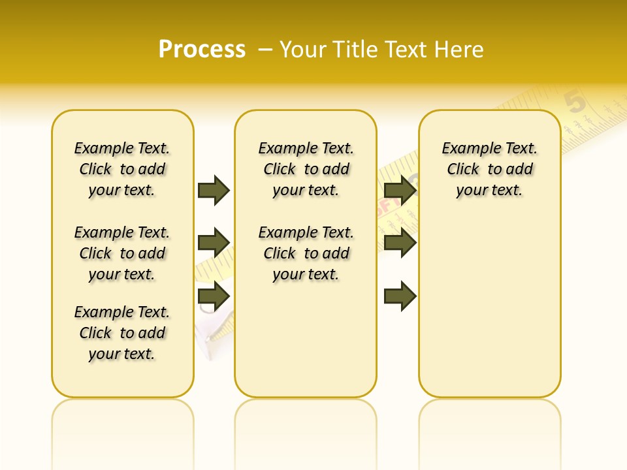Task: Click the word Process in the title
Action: pos(202,50)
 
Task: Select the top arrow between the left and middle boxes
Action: pos(214,190)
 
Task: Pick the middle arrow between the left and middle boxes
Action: pos(214,243)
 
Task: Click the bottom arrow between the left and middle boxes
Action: pos(214,296)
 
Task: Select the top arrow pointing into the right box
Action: pos(400,190)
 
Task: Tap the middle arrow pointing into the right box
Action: pos(400,243)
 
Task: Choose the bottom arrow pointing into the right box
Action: pos(400,296)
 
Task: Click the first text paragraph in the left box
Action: pos(122,169)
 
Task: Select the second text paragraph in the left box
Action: pos(122,253)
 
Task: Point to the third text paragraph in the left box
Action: pos(122,333)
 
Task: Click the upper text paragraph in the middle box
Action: pos(306,169)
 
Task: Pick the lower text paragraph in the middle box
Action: pos(306,253)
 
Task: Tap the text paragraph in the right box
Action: pos(489,169)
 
